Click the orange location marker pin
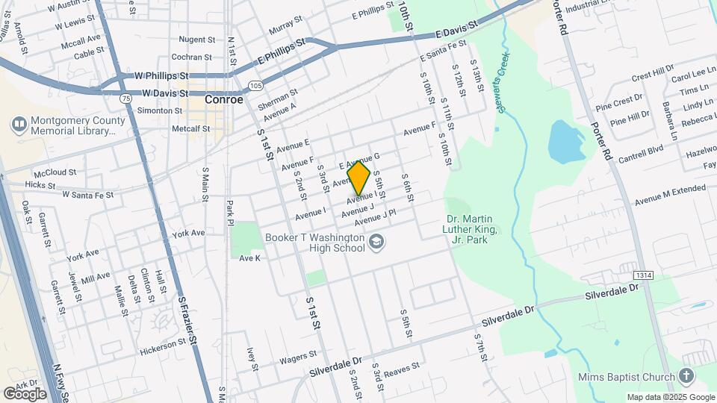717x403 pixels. pyautogui.click(x=359, y=177)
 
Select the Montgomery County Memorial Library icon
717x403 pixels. pyautogui.click(x=19, y=122)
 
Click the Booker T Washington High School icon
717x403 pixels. pyautogui.click(x=376, y=241)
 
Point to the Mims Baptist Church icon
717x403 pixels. pyautogui.click(x=686, y=376)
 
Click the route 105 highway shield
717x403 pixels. pyautogui.click(x=256, y=86)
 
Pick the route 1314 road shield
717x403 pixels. pyautogui.click(x=645, y=275)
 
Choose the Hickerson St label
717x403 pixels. pyautogui.click(x=162, y=344)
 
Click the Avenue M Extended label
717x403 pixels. pyautogui.click(x=670, y=197)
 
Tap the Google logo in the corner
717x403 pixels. pyautogui.click(x=25, y=393)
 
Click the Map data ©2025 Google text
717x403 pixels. pyautogui.click(x=671, y=397)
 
